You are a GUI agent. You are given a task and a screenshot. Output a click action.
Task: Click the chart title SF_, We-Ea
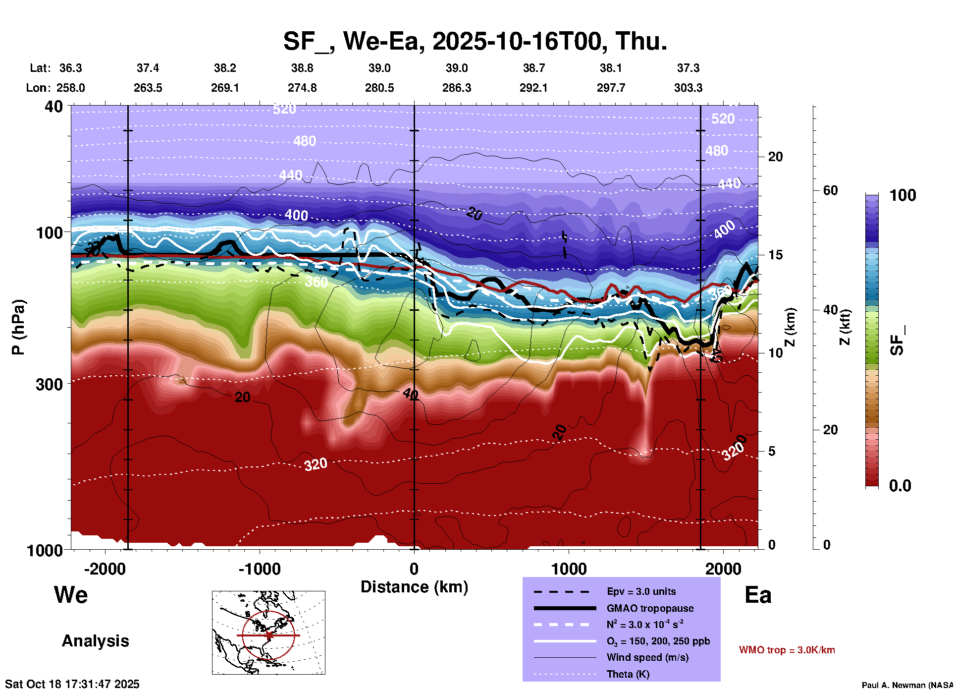(475, 41)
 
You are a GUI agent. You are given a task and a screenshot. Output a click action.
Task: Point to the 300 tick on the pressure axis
(50, 384)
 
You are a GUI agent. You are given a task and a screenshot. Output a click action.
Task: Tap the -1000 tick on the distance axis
(260, 569)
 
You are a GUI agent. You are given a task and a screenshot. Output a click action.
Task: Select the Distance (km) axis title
(414, 587)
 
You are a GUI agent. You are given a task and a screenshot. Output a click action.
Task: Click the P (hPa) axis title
(18, 327)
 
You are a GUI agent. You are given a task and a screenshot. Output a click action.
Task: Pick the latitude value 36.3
(70, 68)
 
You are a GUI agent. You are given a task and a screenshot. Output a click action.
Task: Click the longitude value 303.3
(688, 88)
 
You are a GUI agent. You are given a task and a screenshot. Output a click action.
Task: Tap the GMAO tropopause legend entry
(650, 608)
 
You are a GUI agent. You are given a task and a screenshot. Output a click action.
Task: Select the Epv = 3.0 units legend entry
(641, 591)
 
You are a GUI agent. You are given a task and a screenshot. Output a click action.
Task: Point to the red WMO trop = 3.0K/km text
(787, 650)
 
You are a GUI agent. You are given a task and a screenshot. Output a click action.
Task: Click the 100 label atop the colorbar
(902, 195)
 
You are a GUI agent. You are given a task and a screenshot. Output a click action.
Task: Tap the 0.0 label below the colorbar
(900, 486)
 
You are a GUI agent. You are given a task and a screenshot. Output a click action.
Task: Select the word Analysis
(95, 641)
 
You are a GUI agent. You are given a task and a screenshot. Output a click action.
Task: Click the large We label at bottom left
(71, 595)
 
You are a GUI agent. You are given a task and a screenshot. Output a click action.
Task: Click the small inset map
(268, 633)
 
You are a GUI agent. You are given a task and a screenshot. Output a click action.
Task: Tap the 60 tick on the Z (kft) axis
(830, 190)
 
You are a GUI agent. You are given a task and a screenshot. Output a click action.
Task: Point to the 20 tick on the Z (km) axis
(775, 157)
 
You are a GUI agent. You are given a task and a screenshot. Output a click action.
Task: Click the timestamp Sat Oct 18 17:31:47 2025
(72, 684)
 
